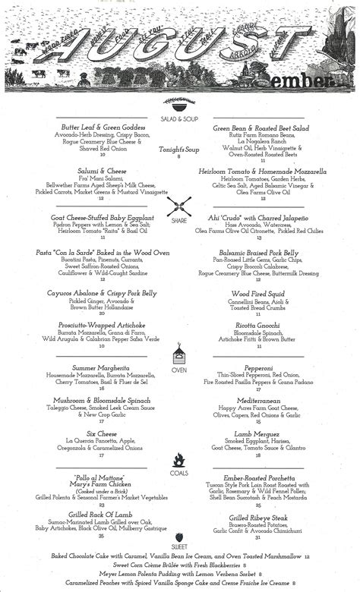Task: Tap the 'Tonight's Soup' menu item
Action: (x=179, y=149)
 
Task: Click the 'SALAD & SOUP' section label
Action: (x=179, y=118)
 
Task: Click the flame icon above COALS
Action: (x=179, y=459)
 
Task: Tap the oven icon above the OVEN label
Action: (x=179, y=353)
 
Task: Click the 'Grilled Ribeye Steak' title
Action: (x=257, y=518)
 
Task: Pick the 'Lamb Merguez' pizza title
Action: (x=257, y=432)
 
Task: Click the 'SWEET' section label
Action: (x=179, y=546)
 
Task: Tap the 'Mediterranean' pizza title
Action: (x=257, y=400)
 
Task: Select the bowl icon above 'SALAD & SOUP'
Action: (x=179, y=106)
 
